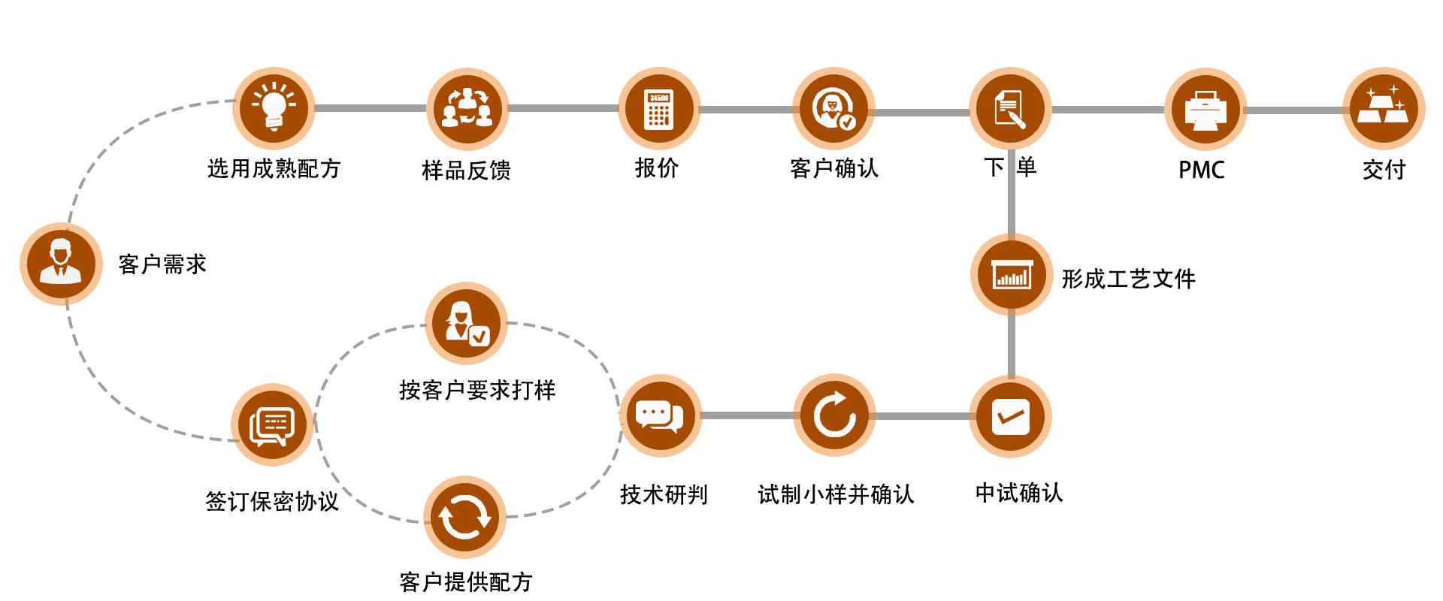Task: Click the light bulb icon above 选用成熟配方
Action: pyautogui.click(x=274, y=108)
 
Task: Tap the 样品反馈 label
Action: pyautogui.click(x=466, y=171)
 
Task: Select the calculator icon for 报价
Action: pyautogui.click(x=659, y=109)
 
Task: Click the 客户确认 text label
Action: pyautogui.click(x=834, y=168)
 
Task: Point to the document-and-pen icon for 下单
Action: pyautogui.click(x=1009, y=109)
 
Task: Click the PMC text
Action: pyautogui.click(x=1201, y=170)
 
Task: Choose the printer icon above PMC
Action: pyautogui.click(x=1205, y=110)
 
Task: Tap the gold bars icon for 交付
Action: pyautogui.click(x=1384, y=108)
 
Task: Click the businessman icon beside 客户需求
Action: pyautogui.click(x=61, y=264)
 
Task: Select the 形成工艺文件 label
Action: pyautogui.click(x=1128, y=279)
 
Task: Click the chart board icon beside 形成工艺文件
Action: pyautogui.click(x=1012, y=275)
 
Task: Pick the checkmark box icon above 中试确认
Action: pyautogui.click(x=1010, y=417)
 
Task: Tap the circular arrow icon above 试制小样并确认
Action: pyautogui.click(x=834, y=415)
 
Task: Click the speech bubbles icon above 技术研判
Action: pyautogui.click(x=660, y=415)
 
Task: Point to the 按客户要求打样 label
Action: pyautogui.click(x=477, y=390)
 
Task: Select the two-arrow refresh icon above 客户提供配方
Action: pyautogui.click(x=464, y=517)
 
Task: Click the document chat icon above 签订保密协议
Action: pyautogui.click(x=272, y=425)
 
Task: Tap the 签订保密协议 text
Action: pyautogui.click(x=272, y=501)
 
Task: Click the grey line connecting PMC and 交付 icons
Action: pyautogui.click(x=1294, y=110)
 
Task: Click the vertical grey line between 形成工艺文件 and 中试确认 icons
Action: pyautogui.click(x=1012, y=346)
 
